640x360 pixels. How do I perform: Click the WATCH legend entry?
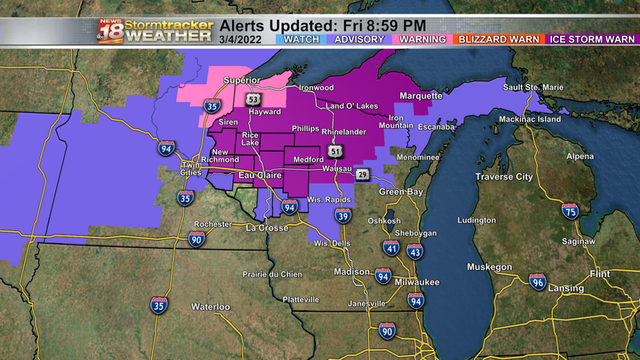click(x=302, y=39)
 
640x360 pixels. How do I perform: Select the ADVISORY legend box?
click(x=359, y=39)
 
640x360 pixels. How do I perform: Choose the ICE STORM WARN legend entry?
click(x=592, y=39)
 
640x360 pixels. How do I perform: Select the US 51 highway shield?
click(x=335, y=150)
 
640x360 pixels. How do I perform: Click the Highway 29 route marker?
click(x=362, y=174)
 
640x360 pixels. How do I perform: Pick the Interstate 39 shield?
click(x=343, y=215)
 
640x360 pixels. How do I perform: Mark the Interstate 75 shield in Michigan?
click(x=570, y=211)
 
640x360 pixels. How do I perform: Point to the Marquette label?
click(x=421, y=95)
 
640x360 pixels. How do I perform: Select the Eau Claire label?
click(x=260, y=174)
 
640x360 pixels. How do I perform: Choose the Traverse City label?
click(x=504, y=176)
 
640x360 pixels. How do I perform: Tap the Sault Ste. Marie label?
click(x=533, y=87)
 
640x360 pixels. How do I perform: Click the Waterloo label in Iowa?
click(x=210, y=307)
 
